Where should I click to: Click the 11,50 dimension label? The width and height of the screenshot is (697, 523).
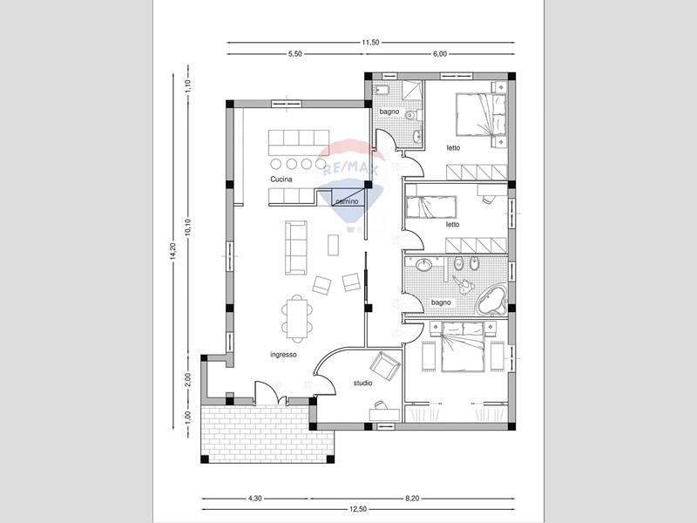pos(370,43)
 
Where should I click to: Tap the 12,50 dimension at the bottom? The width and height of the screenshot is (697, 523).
pos(358,510)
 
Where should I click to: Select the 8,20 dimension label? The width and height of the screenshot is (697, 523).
pos(412,499)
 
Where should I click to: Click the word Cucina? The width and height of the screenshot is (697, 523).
pos(281,180)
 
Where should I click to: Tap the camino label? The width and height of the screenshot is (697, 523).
pos(347,201)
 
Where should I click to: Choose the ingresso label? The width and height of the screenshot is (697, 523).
pos(283,355)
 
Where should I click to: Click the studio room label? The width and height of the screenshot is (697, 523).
pos(362,383)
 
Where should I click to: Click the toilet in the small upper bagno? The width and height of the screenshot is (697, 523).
pos(412,116)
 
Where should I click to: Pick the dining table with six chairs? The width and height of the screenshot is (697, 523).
pos(297,319)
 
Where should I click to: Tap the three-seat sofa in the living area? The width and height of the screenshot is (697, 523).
pos(296,248)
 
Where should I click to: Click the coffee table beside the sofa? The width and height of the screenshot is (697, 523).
pos(334,245)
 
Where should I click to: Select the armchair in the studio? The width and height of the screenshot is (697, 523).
pos(384,366)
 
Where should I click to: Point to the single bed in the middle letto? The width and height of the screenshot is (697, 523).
pos(431,207)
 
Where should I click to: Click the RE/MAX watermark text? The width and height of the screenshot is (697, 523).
pos(350,168)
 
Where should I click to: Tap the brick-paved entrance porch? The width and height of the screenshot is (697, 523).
pos(267,433)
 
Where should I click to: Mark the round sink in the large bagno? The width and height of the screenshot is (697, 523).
pos(424,265)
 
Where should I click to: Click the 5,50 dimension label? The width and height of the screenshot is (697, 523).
pos(295,54)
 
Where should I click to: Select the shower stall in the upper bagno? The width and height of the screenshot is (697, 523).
pos(412,92)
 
